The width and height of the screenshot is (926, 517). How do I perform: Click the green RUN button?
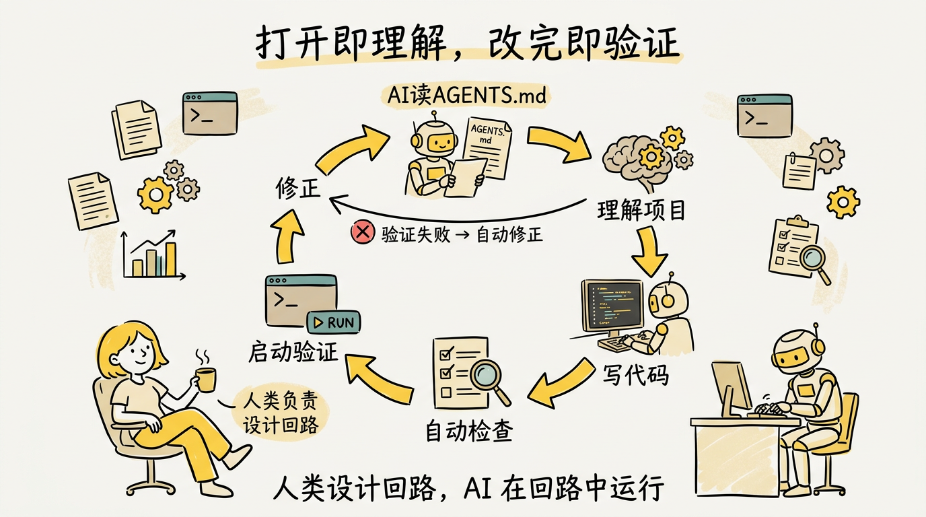tap(334, 322)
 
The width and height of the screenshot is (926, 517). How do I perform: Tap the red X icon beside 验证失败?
tap(362, 233)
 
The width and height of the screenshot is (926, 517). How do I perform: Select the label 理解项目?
tap(641, 211)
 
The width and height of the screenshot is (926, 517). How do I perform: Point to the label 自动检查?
tap(464, 432)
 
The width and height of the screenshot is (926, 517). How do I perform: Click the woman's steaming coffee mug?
tap(205, 379)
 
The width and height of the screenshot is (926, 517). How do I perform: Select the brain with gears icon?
tap(639, 158)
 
